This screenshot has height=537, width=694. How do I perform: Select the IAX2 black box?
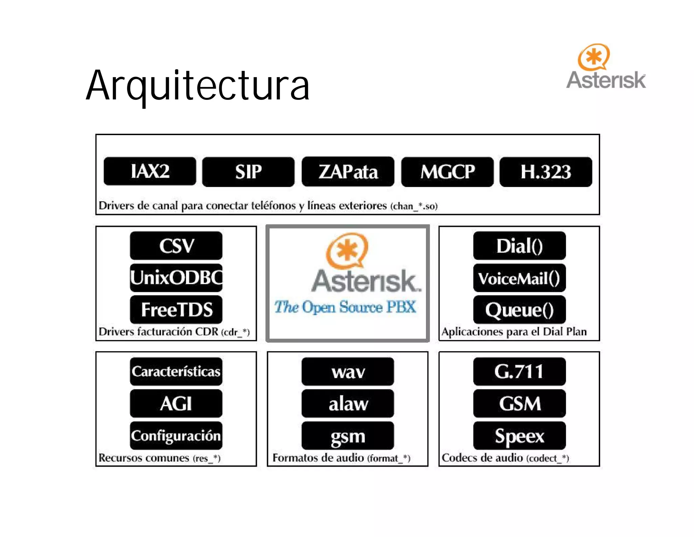[x=150, y=171]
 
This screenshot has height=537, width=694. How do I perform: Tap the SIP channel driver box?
[x=248, y=172]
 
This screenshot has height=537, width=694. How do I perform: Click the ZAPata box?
[x=348, y=172]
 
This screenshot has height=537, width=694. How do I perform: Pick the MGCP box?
[x=447, y=172]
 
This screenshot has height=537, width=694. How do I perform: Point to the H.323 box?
[x=546, y=172]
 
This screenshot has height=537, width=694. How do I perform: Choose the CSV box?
[x=176, y=246]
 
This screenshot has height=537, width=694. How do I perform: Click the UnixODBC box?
[x=176, y=278]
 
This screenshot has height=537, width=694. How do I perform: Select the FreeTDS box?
[x=176, y=309]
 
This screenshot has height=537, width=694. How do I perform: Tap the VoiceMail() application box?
[x=519, y=278]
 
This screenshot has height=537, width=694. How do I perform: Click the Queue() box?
[x=519, y=309]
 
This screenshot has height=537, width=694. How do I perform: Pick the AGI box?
[x=176, y=403]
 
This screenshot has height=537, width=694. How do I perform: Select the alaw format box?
[x=348, y=403]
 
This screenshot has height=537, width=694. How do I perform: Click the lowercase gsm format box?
[x=348, y=435]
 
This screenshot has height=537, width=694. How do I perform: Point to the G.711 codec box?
[x=519, y=371]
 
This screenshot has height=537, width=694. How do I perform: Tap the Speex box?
[x=519, y=435]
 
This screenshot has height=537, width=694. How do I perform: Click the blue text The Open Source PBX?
[x=345, y=307]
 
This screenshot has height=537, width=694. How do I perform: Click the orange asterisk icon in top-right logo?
[x=594, y=57]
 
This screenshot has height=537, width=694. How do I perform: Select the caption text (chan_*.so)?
[x=414, y=206]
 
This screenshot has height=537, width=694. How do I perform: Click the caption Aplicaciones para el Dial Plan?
[x=514, y=331]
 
